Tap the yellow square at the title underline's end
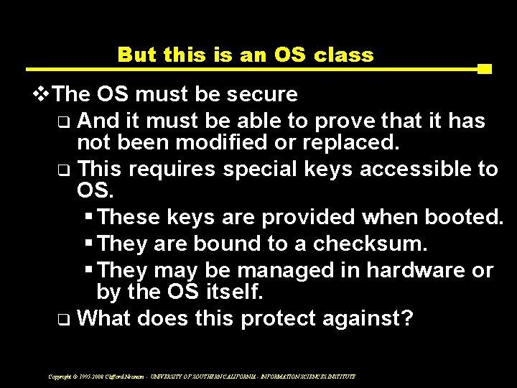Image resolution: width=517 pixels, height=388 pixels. pos(484,70)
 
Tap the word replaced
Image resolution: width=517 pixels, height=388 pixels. pos(353,142)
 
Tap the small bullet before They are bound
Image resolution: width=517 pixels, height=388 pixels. pos(89,244)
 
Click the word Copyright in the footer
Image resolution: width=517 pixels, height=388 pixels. pos(62,376)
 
